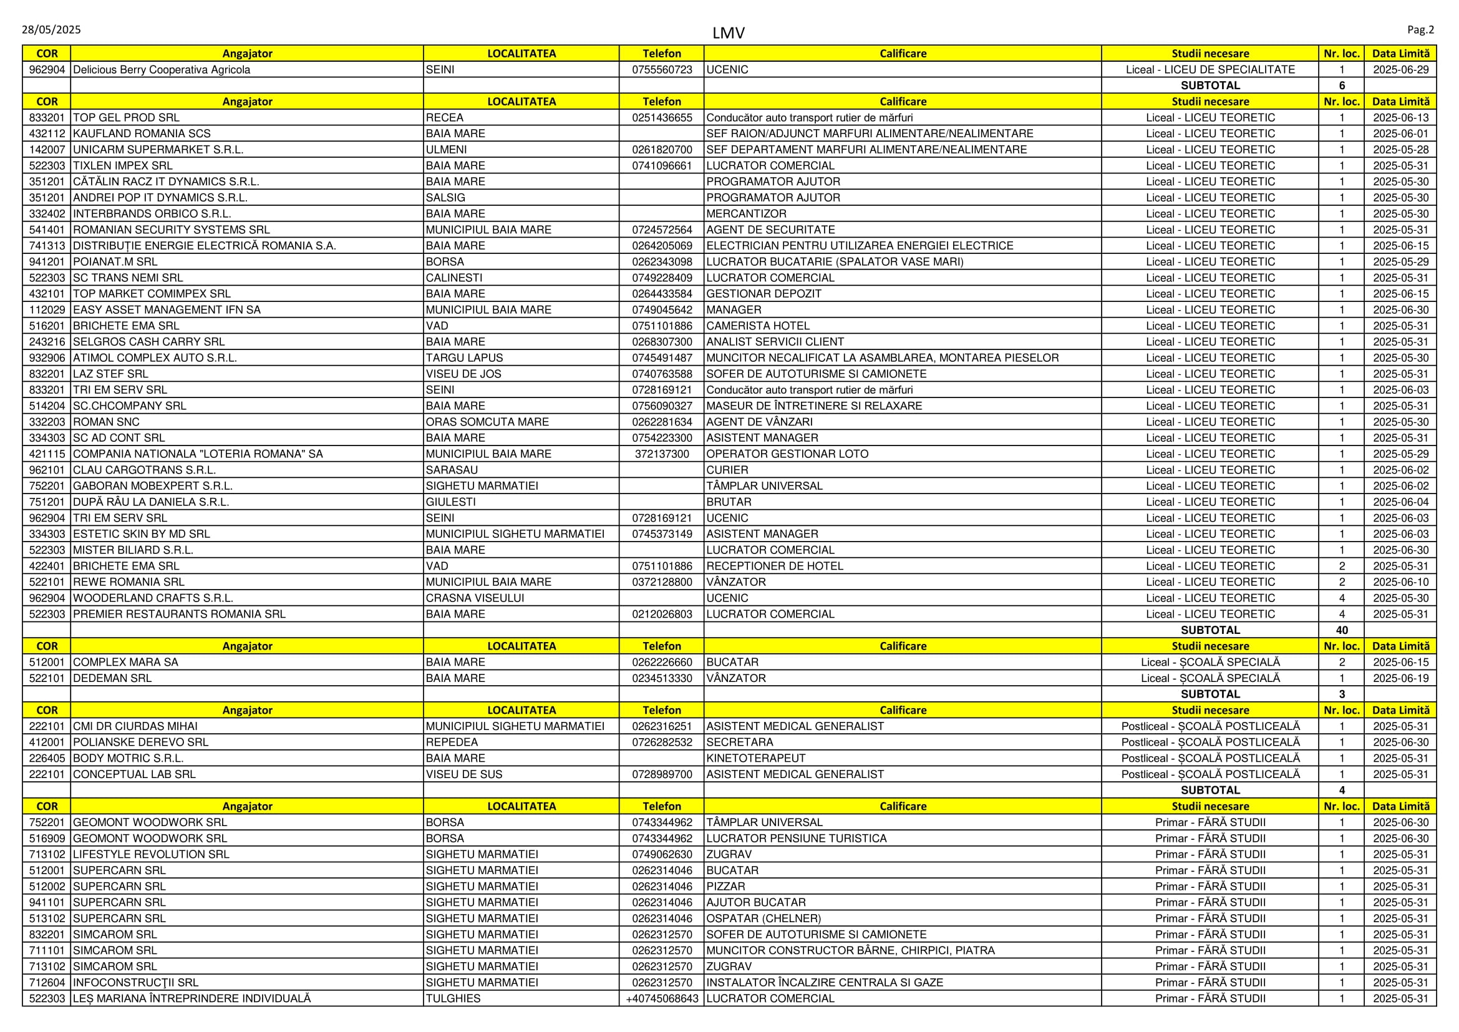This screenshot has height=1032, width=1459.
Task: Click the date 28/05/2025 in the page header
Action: click(x=52, y=30)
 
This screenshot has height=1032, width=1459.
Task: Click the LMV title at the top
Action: click(x=728, y=33)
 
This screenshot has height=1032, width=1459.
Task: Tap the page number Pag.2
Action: click(x=1420, y=30)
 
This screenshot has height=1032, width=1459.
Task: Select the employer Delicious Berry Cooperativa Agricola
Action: click(x=162, y=70)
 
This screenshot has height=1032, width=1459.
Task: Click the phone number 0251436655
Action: click(x=661, y=117)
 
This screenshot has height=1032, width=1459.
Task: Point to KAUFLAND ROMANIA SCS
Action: click(x=142, y=134)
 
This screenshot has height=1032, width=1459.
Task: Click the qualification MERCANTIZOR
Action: click(x=746, y=213)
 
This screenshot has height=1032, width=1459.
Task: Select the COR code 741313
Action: click(x=47, y=246)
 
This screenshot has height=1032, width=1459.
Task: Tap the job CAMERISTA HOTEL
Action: click(x=757, y=326)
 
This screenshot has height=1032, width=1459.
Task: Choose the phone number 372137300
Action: click(x=661, y=454)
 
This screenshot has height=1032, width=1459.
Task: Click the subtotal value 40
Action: click(x=1342, y=630)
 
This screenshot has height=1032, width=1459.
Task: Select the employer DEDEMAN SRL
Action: click(x=112, y=678)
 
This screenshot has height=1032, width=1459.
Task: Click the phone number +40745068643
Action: click(x=661, y=998)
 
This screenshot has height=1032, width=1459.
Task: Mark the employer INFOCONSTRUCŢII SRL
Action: click(x=135, y=983)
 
